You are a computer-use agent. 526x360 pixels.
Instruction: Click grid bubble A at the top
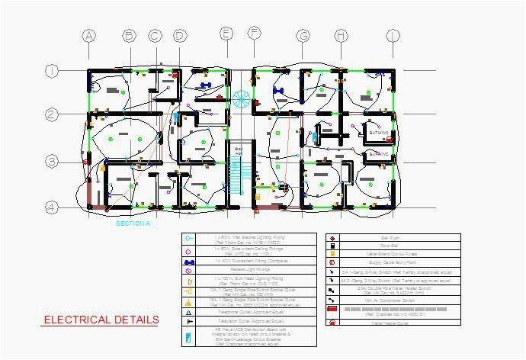(89, 36)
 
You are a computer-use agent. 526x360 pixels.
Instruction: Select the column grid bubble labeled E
(226, 34)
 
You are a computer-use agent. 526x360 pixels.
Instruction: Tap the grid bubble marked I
(393, 36)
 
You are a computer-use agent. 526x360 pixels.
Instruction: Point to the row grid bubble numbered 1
(51, 71)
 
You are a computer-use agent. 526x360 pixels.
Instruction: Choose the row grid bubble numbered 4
(51, 207)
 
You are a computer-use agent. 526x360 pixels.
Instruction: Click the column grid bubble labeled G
(303, 36)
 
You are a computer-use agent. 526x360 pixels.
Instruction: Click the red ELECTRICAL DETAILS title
(101, 320)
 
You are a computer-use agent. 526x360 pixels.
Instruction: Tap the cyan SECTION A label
(133, 224)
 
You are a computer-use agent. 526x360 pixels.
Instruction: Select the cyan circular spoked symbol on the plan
(241, 98)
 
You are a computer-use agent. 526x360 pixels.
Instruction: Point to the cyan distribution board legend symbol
(188, 336)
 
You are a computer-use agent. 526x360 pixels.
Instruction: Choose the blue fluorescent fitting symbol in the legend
(188, 261)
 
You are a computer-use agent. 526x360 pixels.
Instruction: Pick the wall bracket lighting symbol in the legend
(188, 238)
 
